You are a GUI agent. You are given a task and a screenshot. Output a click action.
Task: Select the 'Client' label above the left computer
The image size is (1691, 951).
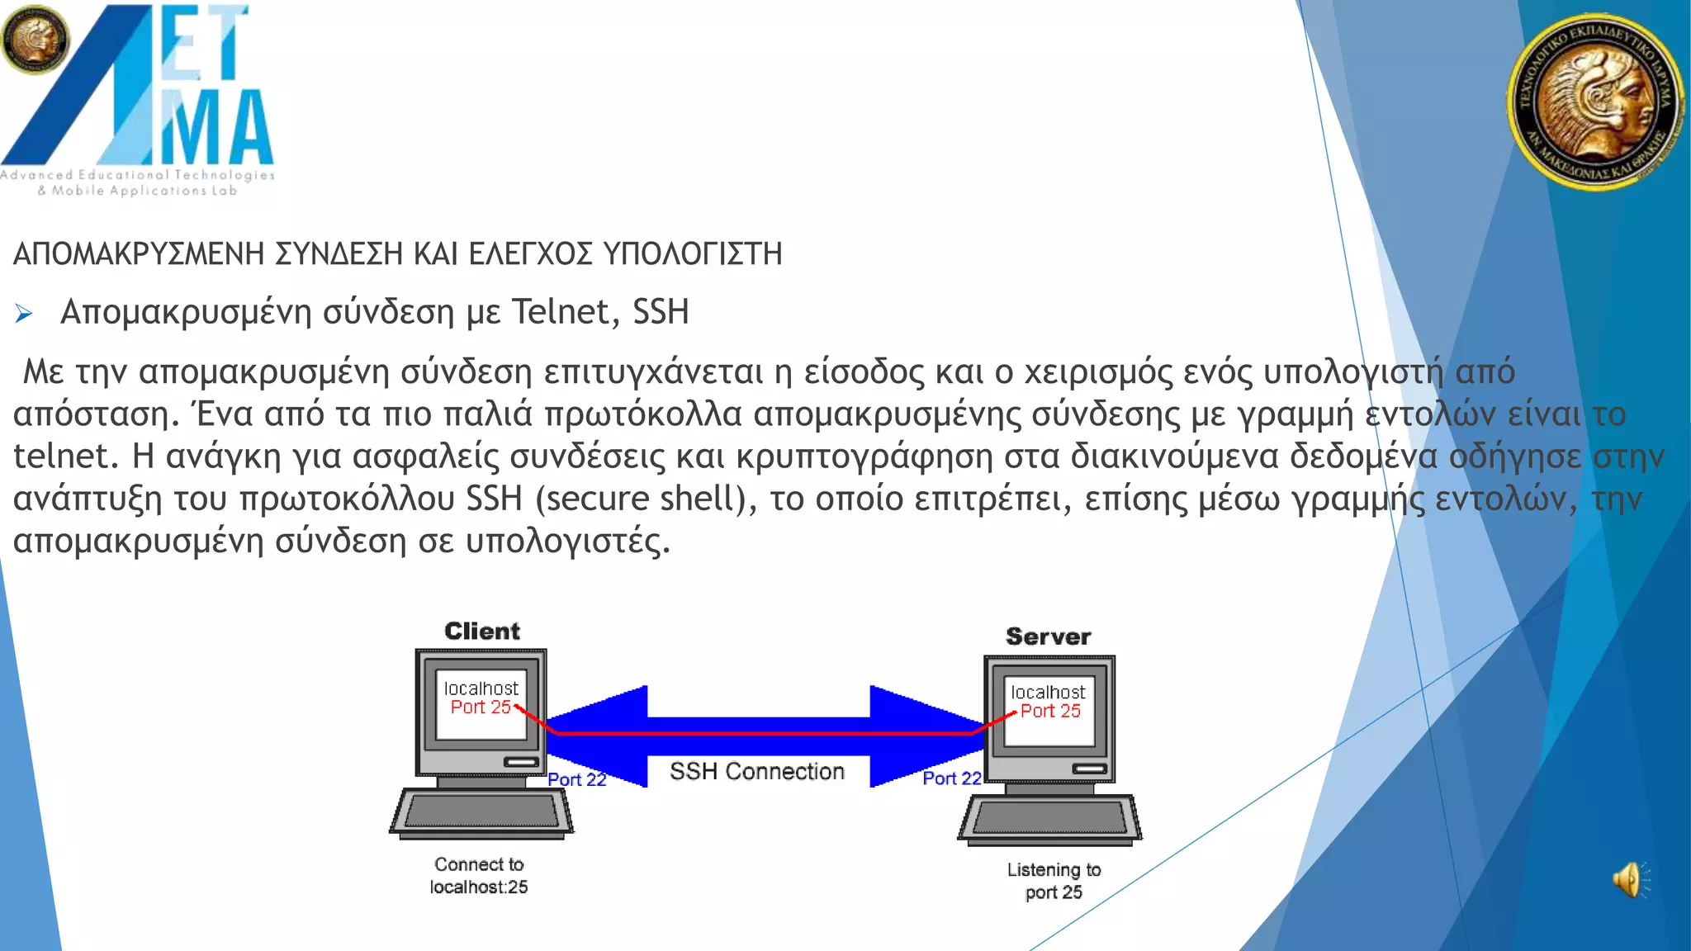click(482, 632)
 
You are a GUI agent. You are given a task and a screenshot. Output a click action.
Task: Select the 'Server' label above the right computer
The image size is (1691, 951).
click(1048, 636)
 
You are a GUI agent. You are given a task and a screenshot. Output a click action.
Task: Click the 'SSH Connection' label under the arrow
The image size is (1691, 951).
click(756, 771)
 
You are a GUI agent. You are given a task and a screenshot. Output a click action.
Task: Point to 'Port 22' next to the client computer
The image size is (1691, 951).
click(577, 779)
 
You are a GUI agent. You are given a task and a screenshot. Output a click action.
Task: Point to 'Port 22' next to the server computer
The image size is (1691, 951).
click(951, 778)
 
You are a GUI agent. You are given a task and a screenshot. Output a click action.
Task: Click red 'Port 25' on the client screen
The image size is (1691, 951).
click(481, 707)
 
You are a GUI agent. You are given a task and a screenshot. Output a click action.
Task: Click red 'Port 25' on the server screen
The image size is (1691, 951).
click(1050, 711)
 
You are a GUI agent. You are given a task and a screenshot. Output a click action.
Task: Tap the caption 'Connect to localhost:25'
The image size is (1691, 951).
click(479, 875)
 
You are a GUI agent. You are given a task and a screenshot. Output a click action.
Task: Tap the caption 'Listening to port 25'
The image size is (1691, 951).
click(1054, 881)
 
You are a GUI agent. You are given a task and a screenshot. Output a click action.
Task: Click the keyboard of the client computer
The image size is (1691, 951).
click(481, 813)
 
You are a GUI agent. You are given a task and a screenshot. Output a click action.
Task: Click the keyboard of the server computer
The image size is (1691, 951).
click(1049, 820)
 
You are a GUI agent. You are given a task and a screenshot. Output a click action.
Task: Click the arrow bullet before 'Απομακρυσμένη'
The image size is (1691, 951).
click(24, 314)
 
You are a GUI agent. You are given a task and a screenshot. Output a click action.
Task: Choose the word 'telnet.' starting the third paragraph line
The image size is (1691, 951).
click(66, 456)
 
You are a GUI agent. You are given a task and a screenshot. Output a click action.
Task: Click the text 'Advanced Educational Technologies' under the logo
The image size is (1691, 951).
click(137, 175)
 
